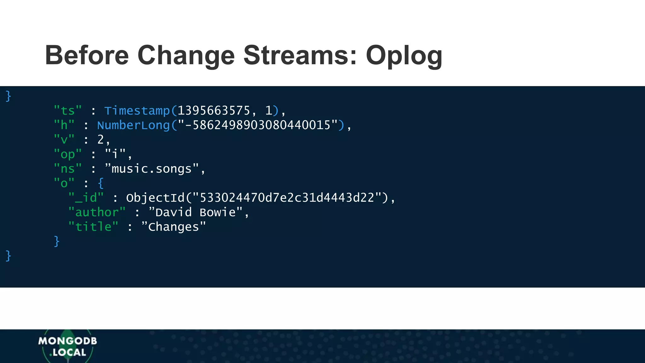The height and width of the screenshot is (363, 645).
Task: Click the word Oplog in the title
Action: tap(404, 56)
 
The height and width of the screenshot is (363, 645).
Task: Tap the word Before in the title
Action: tap(87, 55)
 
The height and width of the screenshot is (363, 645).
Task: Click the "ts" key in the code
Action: tap(68, 111)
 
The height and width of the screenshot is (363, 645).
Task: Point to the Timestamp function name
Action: tap(137, 111)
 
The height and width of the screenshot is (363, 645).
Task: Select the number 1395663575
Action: tap(214, 111)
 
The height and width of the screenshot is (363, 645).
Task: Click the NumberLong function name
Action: tap(134, 125)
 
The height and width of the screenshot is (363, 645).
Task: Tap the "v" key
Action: tap(64, 139)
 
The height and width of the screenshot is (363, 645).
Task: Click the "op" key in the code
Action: tap(68, 154)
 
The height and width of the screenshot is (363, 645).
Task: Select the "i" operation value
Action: tap(115, 154)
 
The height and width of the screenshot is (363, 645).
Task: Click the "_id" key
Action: tap(86, 198)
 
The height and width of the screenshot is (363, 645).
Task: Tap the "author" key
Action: tap(97, 212)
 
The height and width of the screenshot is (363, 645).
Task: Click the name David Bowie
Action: tap(196, 212)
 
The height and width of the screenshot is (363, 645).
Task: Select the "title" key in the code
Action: tap(93, 227)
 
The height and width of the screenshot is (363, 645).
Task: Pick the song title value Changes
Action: tap(174, 227)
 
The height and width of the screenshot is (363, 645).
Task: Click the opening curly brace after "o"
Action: tap(101, 183)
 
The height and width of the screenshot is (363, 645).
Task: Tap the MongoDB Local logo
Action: tap(68, 346)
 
